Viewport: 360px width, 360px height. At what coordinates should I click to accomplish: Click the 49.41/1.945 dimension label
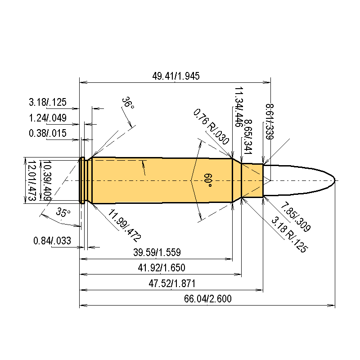[175, 76]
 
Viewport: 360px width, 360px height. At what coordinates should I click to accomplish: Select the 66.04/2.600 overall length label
[207, 299]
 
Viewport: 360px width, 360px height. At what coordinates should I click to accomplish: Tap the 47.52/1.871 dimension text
[171, 284]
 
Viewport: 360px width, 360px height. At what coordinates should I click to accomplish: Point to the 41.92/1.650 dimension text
[162, 268]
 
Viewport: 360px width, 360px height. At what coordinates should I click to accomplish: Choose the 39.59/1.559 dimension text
[157, 252]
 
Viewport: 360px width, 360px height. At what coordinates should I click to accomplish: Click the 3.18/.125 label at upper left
[48, 102]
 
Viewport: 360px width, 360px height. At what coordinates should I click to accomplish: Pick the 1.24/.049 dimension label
[48, 118]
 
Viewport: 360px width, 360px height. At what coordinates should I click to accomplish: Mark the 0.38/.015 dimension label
[48, 133]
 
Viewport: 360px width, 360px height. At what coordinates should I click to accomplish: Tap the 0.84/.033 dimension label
[52, 241]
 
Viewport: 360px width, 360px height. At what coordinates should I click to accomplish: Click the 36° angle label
[128, 103]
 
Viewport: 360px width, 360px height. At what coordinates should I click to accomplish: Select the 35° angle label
[63, 212]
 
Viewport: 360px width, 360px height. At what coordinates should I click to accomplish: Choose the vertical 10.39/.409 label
[46, 180]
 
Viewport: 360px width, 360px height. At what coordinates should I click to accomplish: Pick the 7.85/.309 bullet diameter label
[295, 218]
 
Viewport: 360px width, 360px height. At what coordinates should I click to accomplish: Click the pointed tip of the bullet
[335, 180]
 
